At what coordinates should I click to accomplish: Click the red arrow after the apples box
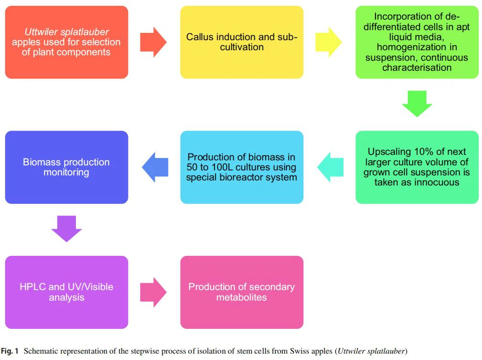(x=153, y=42)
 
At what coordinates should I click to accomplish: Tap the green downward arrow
(x=417, y=103)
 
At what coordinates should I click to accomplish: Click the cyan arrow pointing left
(x=330, y=167)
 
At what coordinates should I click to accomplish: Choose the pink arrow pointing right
(x=153, y=292)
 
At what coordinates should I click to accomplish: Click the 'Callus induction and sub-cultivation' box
(x=241, y=42)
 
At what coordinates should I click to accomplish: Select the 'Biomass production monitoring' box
(x=66, y=167)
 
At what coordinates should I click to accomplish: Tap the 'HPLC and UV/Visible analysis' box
(x=66, y=292)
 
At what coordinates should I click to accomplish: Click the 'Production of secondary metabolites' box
(x=241, y=292)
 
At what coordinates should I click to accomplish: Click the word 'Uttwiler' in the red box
(x=43, y=32)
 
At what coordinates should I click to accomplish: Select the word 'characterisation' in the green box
(x=417, y=68)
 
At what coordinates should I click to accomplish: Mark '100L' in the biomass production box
(x=224, y=167)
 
